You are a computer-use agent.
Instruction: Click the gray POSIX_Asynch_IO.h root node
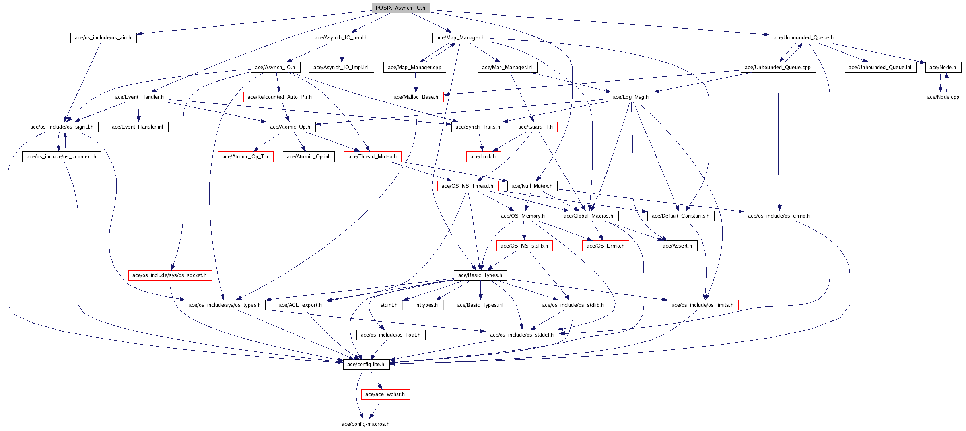[400, 8]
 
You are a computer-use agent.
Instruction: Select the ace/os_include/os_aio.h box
[103, 38]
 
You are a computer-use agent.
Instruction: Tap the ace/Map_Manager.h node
[461, 38]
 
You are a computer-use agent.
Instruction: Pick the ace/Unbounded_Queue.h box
[803, 38]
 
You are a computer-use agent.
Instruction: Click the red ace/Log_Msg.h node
[631, 97]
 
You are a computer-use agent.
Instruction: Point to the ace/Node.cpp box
[943, 97]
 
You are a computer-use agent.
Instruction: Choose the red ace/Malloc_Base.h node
[416, 97]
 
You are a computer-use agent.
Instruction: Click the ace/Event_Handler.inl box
[138, 127]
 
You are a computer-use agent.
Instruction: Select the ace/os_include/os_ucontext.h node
[62, 157]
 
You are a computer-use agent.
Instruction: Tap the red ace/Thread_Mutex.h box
[373, 157]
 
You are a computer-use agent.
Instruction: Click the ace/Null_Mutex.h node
[532, 186]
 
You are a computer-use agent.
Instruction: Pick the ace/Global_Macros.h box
[589, 216]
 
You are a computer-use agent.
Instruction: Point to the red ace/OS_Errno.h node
[606, 246]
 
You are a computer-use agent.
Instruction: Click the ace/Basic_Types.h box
[480, 275]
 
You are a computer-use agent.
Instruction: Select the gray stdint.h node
[389, 305]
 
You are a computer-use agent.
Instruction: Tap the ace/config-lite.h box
[366, 365]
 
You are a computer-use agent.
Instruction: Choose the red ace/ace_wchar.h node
[385, 394]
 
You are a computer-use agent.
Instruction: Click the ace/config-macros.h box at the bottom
[366, 424]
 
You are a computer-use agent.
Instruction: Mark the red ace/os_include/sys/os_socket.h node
[169, 275]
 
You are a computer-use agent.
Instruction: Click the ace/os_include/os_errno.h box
[779, 216]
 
